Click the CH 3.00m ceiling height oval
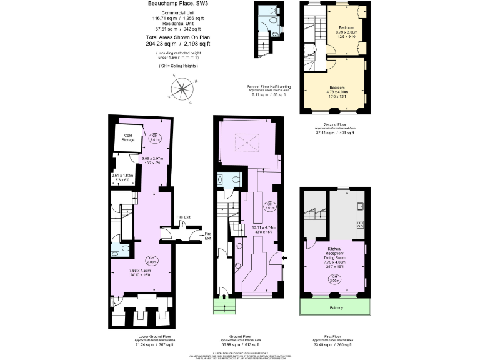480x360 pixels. [x=335, y=279]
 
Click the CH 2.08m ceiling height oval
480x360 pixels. [x=151, y=260]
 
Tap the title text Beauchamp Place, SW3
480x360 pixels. [x=177, y=4]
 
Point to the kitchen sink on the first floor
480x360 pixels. [x=361, y=206]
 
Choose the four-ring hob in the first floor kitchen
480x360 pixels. [x=361, y=224]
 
